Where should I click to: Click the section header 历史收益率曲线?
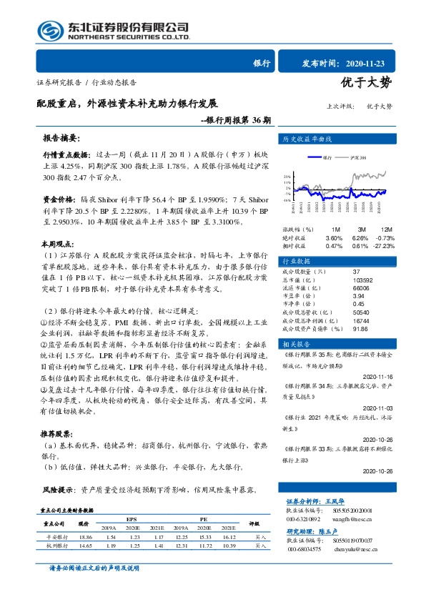(x=307, y=139)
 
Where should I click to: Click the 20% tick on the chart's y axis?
(x=287, y=176)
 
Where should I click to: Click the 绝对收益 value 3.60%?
(x=334, y=237)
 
